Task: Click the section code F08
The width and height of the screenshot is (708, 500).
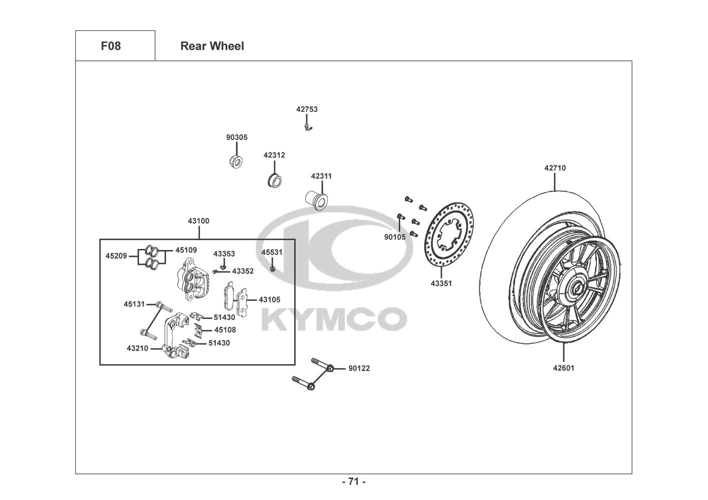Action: [111, 46]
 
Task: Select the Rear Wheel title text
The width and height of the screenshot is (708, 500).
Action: [212, 46]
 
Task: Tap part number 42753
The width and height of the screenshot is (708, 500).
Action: [307, 109]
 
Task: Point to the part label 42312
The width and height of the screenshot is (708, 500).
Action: [274, 155]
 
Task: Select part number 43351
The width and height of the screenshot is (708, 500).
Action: [441, 283]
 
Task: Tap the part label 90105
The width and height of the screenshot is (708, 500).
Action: [395, 237]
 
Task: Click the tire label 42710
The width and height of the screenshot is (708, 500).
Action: [555, 168]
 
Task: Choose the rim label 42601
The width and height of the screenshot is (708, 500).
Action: [563, 368]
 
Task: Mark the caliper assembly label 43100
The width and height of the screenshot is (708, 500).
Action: [199, 221]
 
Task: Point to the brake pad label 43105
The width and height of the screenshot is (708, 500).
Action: [269, 299]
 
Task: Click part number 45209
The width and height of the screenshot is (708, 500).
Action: [116, 256]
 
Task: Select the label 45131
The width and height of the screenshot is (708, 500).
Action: [134, 303]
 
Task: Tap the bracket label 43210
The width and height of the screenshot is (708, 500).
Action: [137, 348]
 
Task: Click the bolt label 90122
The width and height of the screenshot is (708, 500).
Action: [359, 368]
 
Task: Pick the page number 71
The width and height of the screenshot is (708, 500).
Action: [354, 481]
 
